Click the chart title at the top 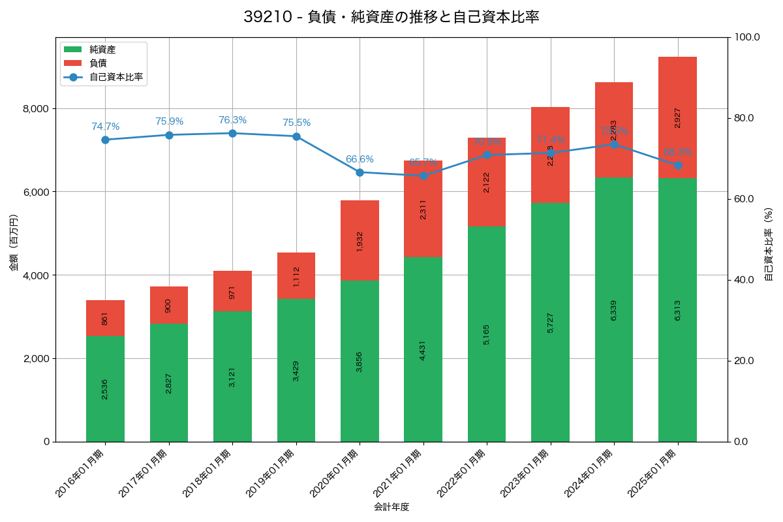click(391, 17)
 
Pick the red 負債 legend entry click(98, 63)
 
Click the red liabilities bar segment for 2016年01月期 click(105, 318)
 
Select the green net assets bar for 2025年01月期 click(677, 310)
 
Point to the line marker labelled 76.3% click(232, 133)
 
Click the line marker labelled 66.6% click(360, 172)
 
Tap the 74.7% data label click(105, 127)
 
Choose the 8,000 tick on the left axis click(37, 108)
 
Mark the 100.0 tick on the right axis click(747, 37)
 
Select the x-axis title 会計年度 click(391, 507)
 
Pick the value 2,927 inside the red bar click(677, 117)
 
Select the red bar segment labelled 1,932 click(360, 241)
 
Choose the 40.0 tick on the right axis click(744, 280)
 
